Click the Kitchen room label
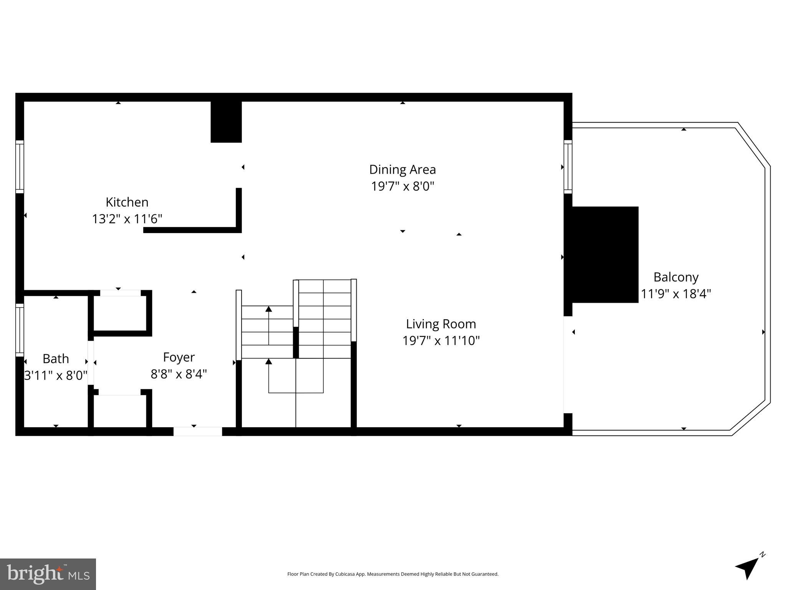(x=127, y=202)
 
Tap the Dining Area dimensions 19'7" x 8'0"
(x=402, y=186)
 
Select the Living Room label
(x=441, y=324)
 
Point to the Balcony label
(x=676, y=277)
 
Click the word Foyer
(x=179, y=357)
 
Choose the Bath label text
(x=56, y=359)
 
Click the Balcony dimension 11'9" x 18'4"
(x=676, y=294)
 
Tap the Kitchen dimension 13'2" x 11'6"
(x=127, y=219)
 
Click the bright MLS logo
(x=48, y=574)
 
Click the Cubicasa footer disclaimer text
(x=392, y=574)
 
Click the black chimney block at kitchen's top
(x=226, y=122)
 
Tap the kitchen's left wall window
(x=20, y=167)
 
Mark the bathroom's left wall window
(x=20, y=330)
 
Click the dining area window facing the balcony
(x=568, y=167)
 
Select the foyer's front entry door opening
(x=197, y=431)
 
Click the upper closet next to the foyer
(x=120, y=312)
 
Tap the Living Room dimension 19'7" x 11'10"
(x=441, y=341)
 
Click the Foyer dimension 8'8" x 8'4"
(x=179, y=374)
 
